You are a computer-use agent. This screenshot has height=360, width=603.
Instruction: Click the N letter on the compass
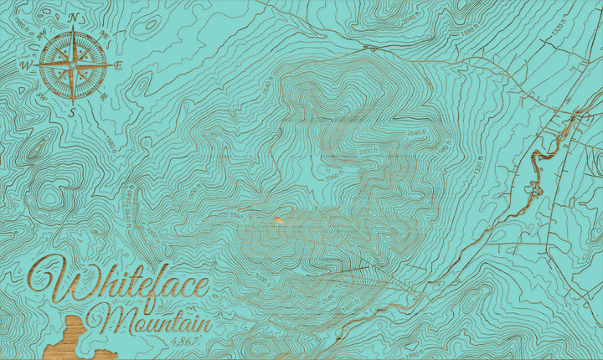(x=73, y=17)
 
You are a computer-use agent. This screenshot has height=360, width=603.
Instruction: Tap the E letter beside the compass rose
(x=119, y=64)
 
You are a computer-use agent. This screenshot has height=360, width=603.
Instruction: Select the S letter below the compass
(x=73, y=111)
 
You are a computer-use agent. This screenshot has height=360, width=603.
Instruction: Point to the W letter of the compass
(x=26, y=65)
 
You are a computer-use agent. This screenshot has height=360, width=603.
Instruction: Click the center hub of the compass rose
(x=73, y=64)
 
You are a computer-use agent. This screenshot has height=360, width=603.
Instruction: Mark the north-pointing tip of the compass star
(x=73, y=28)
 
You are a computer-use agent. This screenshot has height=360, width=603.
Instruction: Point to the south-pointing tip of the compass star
(x=73, y=101)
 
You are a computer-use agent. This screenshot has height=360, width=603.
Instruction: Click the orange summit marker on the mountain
(x=277, y=220)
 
